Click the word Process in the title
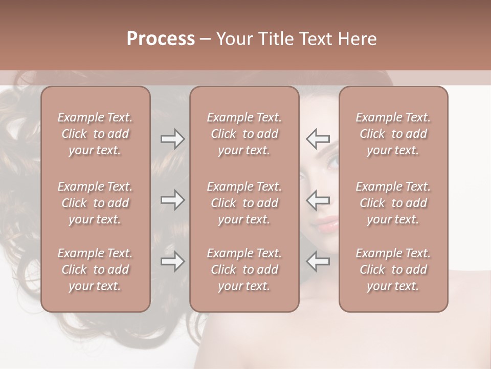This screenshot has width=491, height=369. [161, 39]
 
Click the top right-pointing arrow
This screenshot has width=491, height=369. [172, 139]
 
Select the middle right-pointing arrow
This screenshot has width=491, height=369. [172, 200]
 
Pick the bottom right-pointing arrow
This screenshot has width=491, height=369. [172, 262]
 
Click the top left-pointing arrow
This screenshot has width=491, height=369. [318, 139]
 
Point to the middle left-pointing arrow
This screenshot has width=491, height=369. [318, 200]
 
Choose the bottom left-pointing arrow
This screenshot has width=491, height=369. [318, 262]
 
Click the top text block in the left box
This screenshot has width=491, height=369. [95, 134]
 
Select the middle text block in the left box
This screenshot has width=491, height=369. [95, 203]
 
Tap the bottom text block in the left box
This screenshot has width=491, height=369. [95, 270]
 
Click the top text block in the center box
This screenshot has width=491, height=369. [244, 134]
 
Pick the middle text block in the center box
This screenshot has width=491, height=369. [244, 203]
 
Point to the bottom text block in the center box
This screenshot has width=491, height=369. [244, 270]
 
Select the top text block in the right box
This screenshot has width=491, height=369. [393, 134]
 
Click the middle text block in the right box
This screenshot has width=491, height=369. [393, 203]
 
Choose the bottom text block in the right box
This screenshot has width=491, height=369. [393, 270]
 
